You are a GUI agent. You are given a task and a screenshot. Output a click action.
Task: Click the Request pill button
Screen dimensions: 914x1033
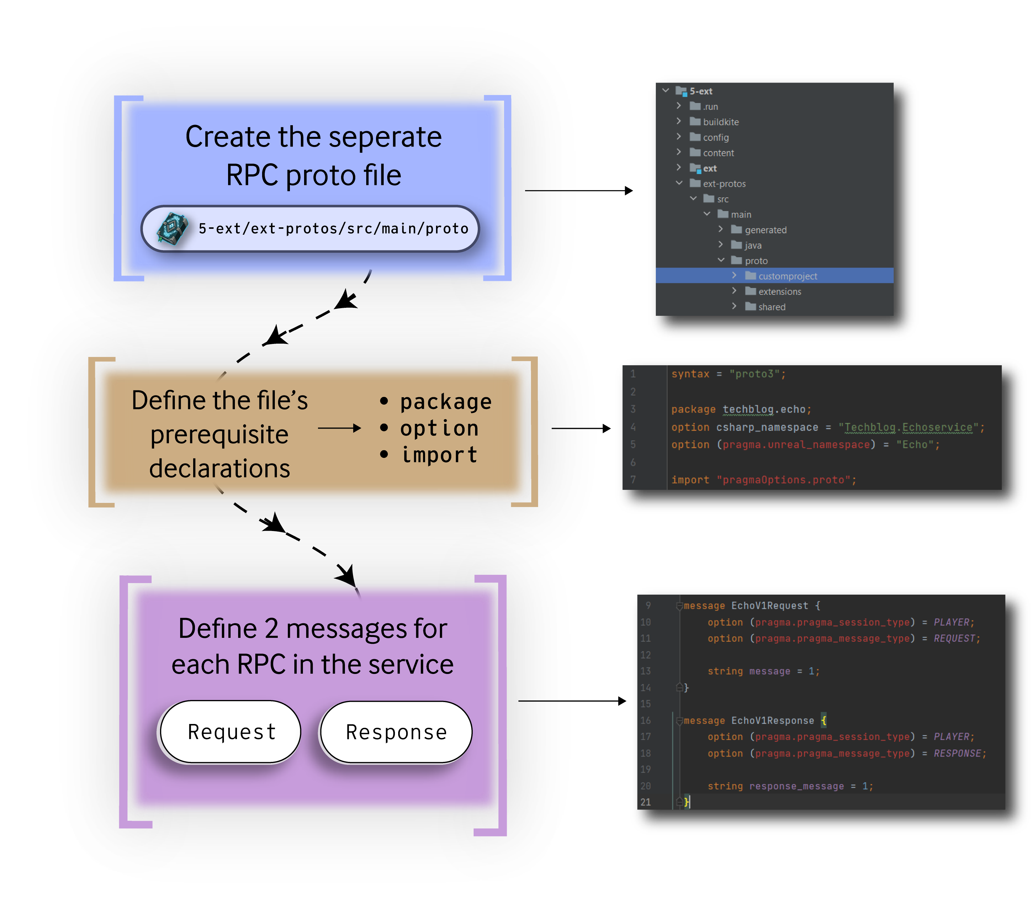[231, 731]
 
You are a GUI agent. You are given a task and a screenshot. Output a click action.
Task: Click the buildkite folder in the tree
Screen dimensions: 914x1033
[720, 122]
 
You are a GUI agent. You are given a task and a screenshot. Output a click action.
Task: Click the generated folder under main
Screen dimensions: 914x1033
[765, 230]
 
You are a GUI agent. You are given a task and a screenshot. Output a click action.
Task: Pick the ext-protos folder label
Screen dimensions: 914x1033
[724, 184]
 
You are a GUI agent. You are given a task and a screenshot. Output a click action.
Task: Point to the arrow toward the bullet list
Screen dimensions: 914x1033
[339, 428]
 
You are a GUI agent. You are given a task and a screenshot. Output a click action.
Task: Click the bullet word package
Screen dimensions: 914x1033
[446, 402]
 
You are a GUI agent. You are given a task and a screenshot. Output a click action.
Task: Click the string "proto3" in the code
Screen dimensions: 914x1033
[756, 374]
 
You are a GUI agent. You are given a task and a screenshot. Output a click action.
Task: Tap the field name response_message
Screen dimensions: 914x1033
[796, 786]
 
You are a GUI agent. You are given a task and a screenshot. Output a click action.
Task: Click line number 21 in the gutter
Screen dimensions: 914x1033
[646, 802]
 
